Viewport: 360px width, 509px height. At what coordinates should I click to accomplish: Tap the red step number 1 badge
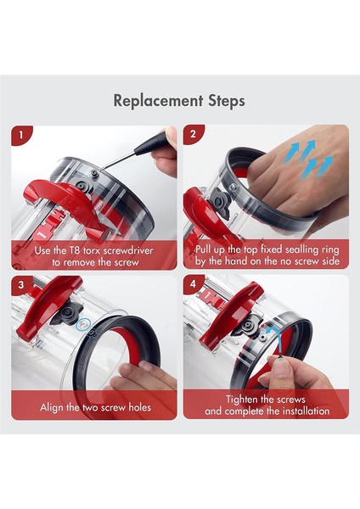21,135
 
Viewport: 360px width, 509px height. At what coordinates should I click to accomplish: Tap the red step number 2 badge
194,135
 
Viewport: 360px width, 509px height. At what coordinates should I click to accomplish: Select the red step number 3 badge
21,284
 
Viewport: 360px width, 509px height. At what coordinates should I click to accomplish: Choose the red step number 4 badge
194,284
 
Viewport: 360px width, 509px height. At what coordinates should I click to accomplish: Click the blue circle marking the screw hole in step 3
83,323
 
